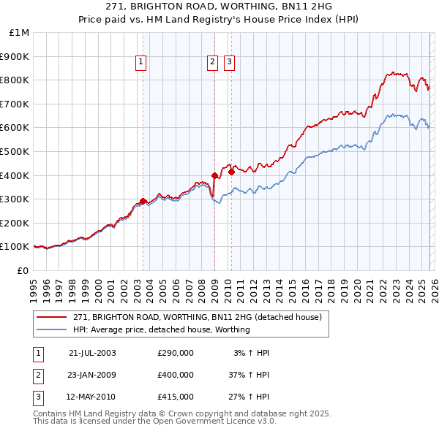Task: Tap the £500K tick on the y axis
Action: point(16,151)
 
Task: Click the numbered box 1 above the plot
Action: point(140,63)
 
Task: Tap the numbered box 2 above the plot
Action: point(212,63)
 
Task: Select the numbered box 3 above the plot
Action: point(229,63)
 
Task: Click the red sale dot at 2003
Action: point(143,201)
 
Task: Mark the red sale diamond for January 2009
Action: point(214,175)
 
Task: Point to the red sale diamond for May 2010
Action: point(231,172)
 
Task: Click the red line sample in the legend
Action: point(52,318)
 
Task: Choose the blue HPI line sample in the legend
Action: point(52,329)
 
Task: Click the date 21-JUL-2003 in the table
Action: point(92,353)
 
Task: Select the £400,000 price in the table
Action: point(176,375)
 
